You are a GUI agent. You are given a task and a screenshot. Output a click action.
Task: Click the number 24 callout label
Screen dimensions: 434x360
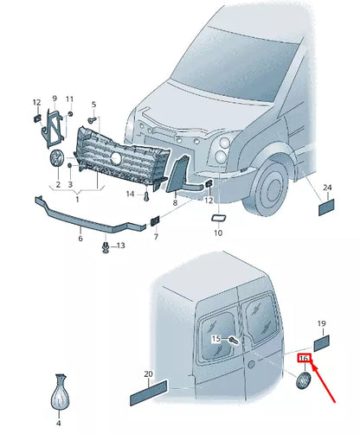coord(327,188)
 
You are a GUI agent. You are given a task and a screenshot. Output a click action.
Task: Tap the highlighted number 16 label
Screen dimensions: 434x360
coord(304,358)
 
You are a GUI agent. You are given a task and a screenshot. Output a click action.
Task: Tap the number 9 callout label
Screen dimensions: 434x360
coord(54,99)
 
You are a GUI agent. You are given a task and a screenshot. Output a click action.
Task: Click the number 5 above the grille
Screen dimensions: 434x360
coord(93,104)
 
